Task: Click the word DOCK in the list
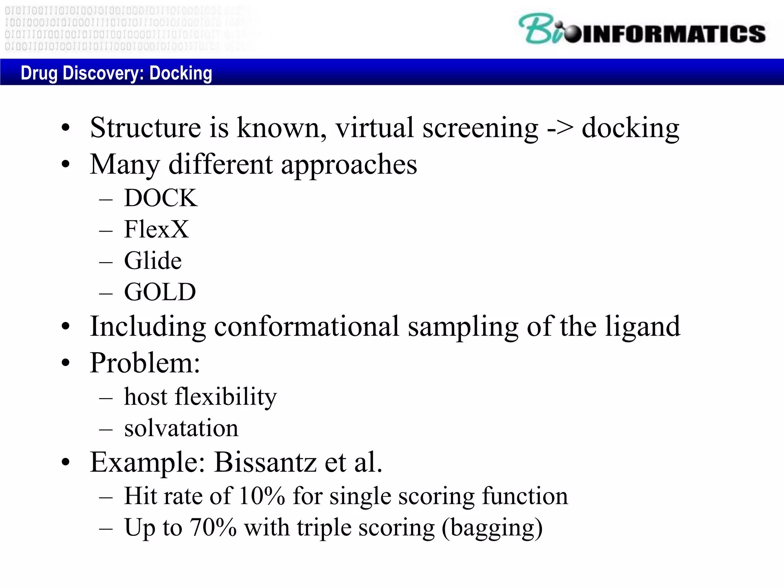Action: click(161, 198)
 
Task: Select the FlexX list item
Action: click(156, 229)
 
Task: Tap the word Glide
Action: click(153, 261)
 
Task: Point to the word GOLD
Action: click(160, 292)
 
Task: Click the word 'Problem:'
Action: click(145, 363)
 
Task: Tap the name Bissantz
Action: click(265, 462)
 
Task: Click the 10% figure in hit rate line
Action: click(262, 496)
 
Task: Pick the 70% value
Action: click(213, 528)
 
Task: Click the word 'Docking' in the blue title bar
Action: click(181, 73)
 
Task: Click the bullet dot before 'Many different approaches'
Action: click(66, 164)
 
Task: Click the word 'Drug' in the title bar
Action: click(39, 73)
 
